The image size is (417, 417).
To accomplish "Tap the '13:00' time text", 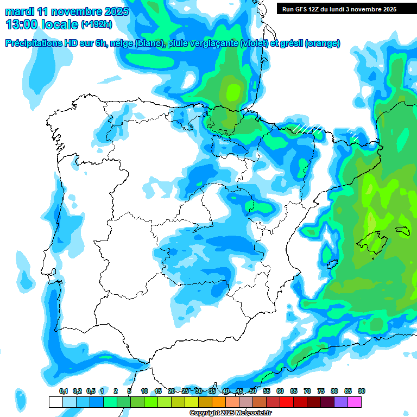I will pyautogui.click(x=22, y=24).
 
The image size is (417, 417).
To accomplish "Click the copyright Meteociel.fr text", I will pyautogui.click(x=230, y=413).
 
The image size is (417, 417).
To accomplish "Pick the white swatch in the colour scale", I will pyautogui.click(x=55, y=402).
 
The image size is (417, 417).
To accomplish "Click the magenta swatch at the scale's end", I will pyautogui.click(x=355, y=402).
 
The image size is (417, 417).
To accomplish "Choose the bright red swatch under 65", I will pyautogui.click(x=287, y=402).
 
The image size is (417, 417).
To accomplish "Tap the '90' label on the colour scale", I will pyautogui.click(x=361, y=391).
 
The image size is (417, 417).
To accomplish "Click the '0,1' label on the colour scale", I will pyautogui.click(x=64, y=391).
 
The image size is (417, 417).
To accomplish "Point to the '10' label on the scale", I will pyautogui.click(x=144, y=391).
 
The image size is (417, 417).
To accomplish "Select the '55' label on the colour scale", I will pyautogui.click(x=267, y=391).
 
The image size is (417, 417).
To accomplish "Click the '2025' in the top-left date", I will pyautogui.click(x=114, y=11).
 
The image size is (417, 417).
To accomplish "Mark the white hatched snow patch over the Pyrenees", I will pyautogui.click(x=308, y=128).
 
